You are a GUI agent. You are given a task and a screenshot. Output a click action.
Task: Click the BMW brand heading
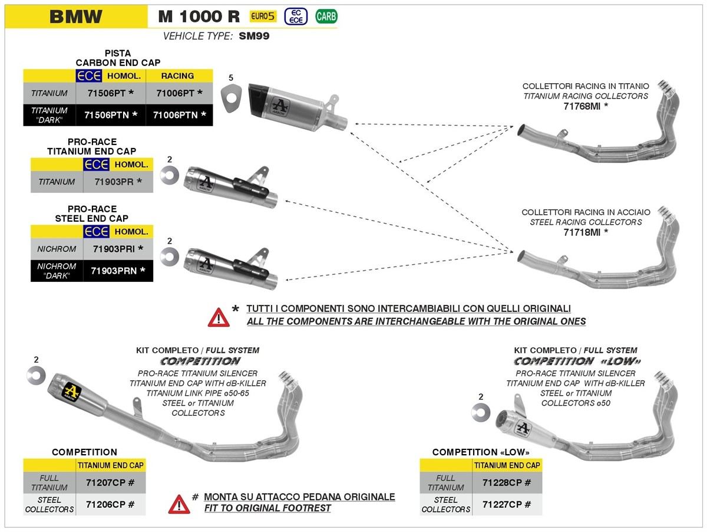[x=75, y=16]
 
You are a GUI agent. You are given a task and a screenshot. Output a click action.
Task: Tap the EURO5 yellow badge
[x=263, y=17]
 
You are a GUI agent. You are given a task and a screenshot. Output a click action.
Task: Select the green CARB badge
[x=326, y=17]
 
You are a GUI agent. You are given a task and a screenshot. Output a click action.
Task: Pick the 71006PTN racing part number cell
[x=179, y=115]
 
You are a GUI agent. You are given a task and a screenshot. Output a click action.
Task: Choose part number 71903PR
[x=118, y=182]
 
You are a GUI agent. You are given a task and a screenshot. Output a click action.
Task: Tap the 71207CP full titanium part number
[x=110, y=482]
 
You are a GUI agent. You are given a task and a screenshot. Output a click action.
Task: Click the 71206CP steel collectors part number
[x=110, y=504]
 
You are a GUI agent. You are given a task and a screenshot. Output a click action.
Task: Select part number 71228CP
[x=507, y=482]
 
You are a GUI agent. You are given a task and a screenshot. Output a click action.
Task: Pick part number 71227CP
[x=507, y=504]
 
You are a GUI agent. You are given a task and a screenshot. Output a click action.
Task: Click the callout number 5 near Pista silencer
[x=231, y=78]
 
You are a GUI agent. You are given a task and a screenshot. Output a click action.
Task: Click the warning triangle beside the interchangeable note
[x=218, y=317]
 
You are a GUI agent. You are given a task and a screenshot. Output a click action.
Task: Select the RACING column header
[x=177, y=75]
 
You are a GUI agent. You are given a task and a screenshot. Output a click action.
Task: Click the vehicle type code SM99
[x=254, y=36]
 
